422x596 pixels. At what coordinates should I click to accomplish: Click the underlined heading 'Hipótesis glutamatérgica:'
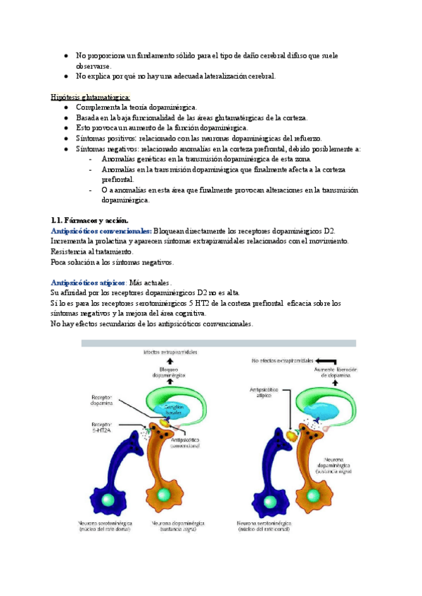91,97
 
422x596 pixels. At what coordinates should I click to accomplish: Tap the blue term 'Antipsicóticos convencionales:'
101,231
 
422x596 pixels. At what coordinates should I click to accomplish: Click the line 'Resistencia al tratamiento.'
91,252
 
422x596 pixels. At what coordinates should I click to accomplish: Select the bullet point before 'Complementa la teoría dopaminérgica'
65,108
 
